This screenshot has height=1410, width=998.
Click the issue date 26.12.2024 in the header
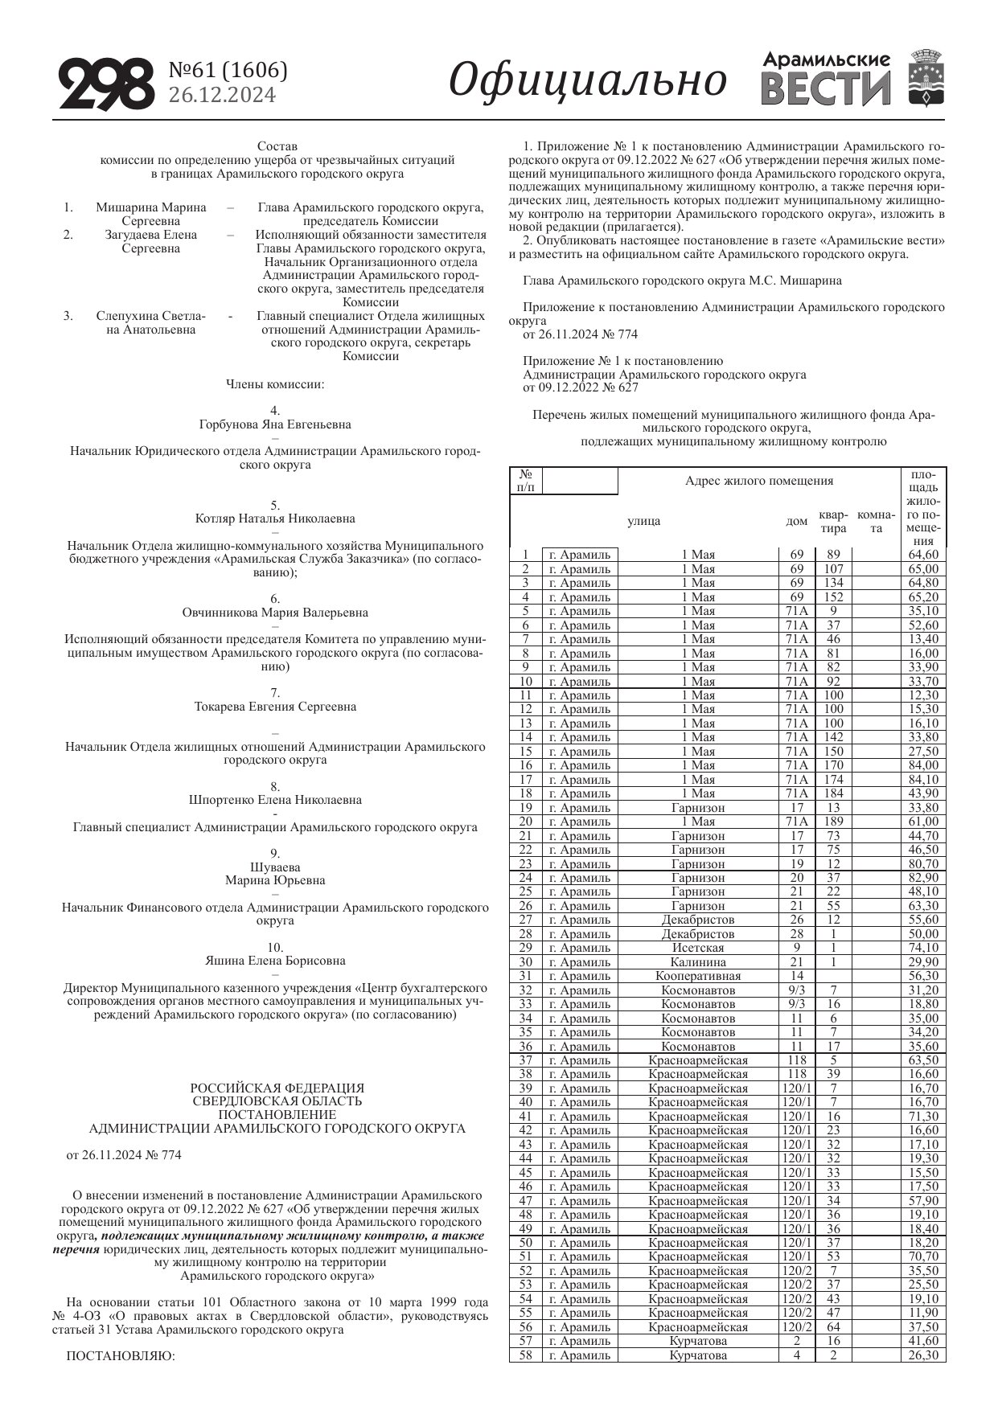(222, 96)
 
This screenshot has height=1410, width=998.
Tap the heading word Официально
(588, 80)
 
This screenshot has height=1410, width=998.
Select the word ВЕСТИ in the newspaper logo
(825, 88)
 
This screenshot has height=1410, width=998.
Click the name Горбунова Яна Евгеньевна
(275, 424)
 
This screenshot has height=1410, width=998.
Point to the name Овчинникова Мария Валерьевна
(275, 613)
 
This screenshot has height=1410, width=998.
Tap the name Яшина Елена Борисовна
(275, 961)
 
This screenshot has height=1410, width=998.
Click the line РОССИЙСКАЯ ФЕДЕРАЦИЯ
(277, 1088)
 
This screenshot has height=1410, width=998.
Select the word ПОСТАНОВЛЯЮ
(120, 1356)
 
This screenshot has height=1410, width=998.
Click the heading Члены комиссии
(275, 384)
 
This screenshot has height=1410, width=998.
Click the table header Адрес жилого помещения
(758, 481)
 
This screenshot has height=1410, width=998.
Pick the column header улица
(644, 521)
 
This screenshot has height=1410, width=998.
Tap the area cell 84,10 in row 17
(923, 780)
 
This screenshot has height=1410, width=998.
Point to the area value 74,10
(923, 948)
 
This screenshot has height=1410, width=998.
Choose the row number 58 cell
(526, 1355)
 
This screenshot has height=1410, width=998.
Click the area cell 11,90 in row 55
(923, 1313)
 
